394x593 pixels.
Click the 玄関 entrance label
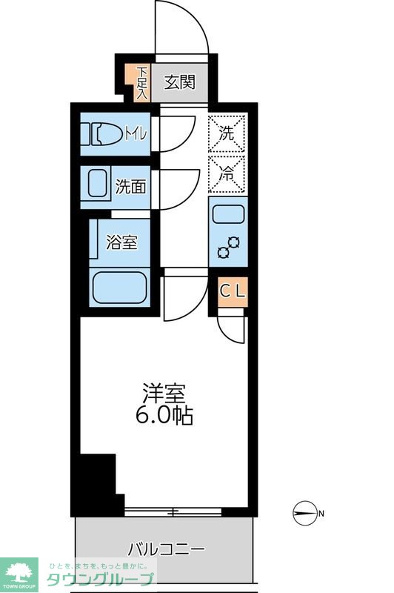178,82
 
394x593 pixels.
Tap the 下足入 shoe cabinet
141,82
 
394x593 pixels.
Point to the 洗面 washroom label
131,186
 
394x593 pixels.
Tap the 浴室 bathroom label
122,242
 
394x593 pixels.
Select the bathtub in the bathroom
119,287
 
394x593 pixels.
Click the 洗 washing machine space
227,134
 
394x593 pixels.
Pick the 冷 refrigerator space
227,175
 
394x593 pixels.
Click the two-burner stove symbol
229,248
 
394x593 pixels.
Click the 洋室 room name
164,394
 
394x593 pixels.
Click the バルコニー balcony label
166,550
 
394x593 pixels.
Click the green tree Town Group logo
20,572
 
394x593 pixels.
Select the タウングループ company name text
101,580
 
